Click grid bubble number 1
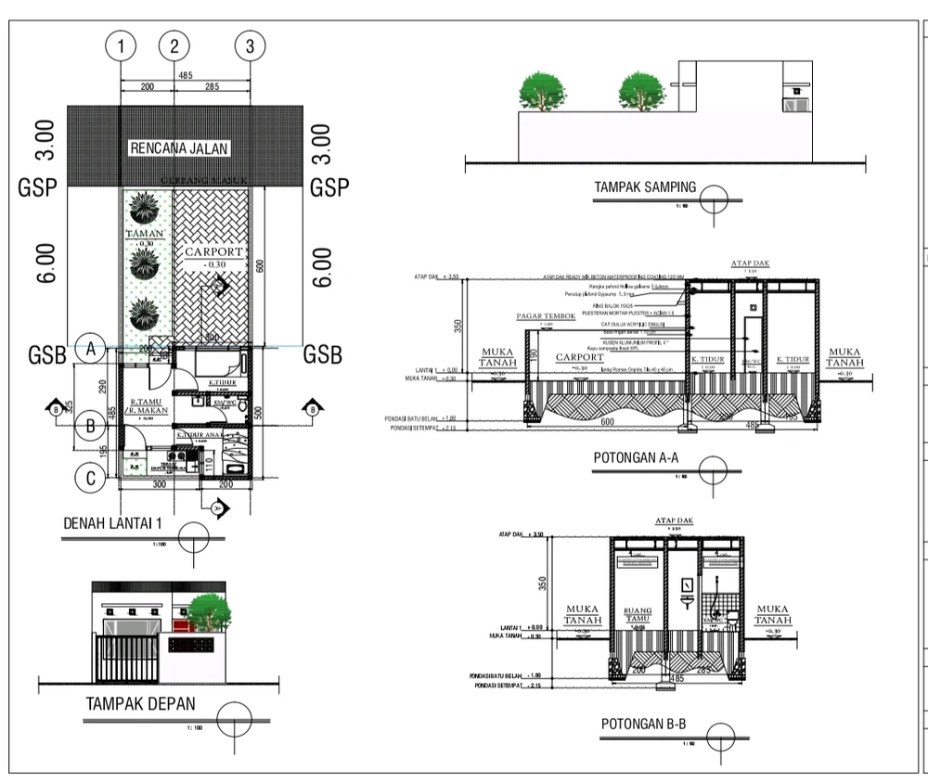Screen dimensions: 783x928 click(x=121, y=44)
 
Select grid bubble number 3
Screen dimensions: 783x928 click(x=251, y=44)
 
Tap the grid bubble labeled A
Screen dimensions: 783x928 click(x=91, y=349)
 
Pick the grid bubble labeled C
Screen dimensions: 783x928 click(x=91, y=479)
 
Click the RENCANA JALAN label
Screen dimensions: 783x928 click(x=179, y=148)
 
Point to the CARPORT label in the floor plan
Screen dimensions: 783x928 click(x=213, y=252)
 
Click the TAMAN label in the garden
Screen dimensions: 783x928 click(x=145, y=235)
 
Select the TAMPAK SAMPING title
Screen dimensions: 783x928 click(x=644, y=187)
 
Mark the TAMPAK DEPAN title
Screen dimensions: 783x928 click(x=141, y=704)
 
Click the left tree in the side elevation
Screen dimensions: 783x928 click(x=542, y=92)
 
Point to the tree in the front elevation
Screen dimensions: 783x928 click(x=209, y=612)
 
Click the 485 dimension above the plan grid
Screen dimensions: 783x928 click(x=185, y=75)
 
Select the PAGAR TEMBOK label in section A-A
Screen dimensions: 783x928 click(x=546, y=316)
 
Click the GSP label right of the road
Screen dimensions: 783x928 click(x=329, y=188)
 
